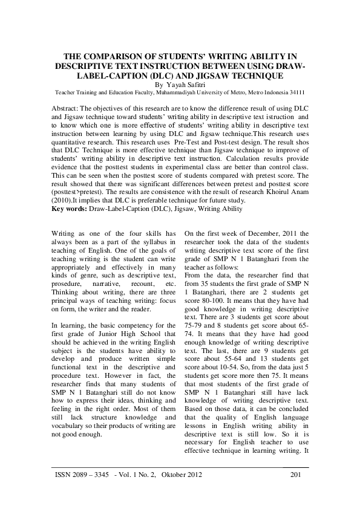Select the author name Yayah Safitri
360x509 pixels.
(x=186, y=85)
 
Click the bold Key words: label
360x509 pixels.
(x=69, y=209)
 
